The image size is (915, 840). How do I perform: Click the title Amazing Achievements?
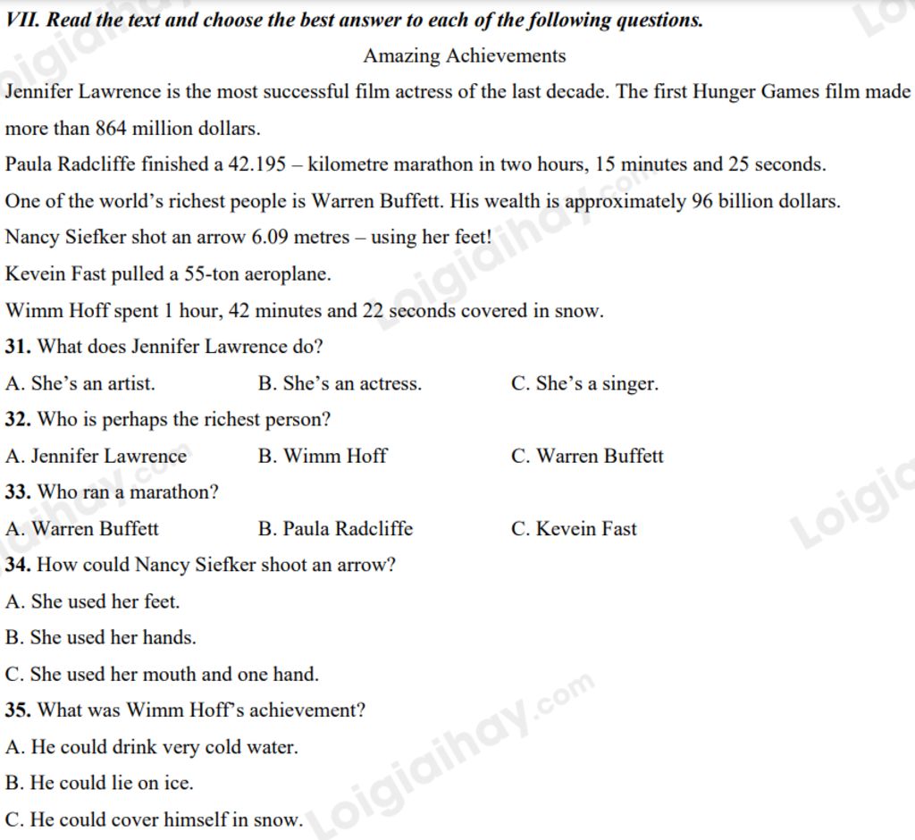coord(464,56)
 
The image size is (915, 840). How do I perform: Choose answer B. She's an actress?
coord(340,384)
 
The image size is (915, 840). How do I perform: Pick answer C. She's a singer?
coord(584,384)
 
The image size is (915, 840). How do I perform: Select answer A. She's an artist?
coord(80,384)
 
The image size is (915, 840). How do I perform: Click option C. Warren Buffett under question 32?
coord(587,457)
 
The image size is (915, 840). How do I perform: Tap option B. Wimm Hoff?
coord(323,457)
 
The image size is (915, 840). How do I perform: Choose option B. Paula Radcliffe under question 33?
coord(335,529)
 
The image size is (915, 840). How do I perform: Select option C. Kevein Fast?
coord(574,529)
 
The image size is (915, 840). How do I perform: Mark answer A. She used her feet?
coord(93,602)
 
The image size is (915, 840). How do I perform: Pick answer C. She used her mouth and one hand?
coord(162,675)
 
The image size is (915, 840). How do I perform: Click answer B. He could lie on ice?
coord(99,784)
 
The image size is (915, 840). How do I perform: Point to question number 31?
coord(18,347)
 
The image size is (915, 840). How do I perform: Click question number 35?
coord(18,711)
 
